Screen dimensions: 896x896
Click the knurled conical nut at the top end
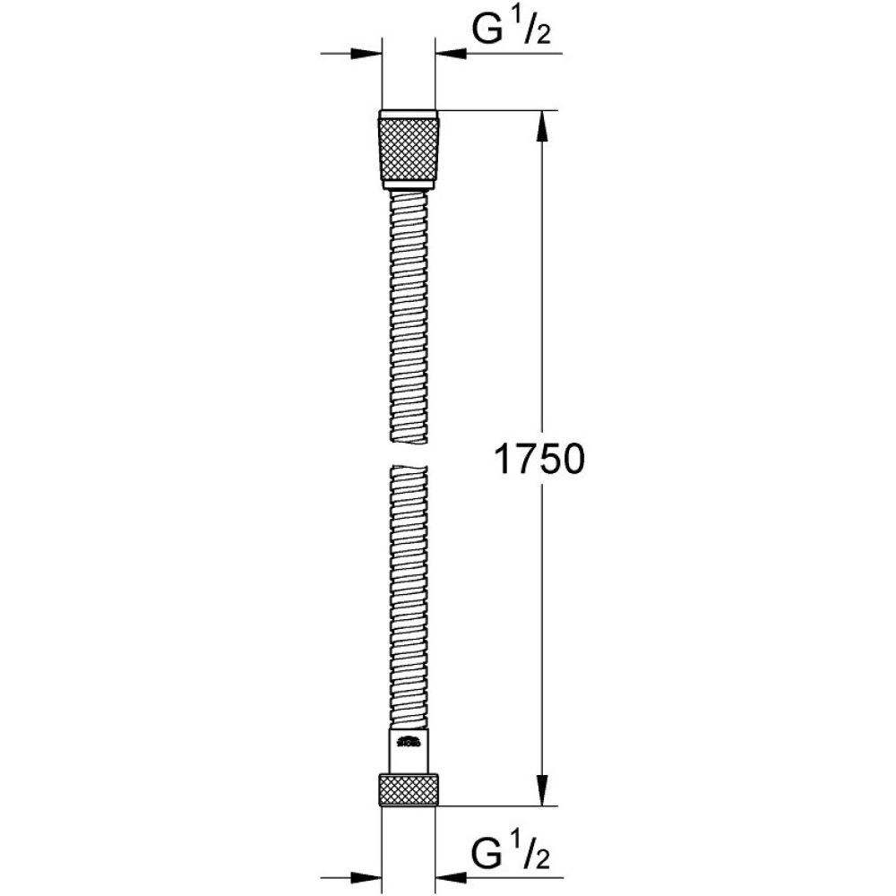click(x=409, y=148)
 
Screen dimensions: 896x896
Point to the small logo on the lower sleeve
click(x=409, y=740)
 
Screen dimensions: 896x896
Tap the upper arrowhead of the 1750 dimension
click(x=540, y=125)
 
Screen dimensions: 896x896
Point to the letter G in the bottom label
click(x=487, y=850)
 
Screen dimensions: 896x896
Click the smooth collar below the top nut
click(x=409, y=185)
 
